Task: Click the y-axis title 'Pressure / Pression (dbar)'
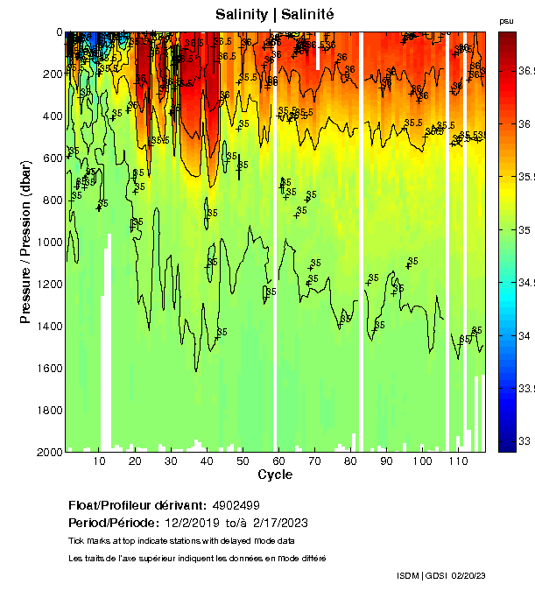pos(25,241)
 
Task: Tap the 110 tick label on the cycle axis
pos(458,461)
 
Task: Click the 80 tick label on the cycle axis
pos(349,461)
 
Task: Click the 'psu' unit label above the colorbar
pos(506,21)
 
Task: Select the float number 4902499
pos(236,506)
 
